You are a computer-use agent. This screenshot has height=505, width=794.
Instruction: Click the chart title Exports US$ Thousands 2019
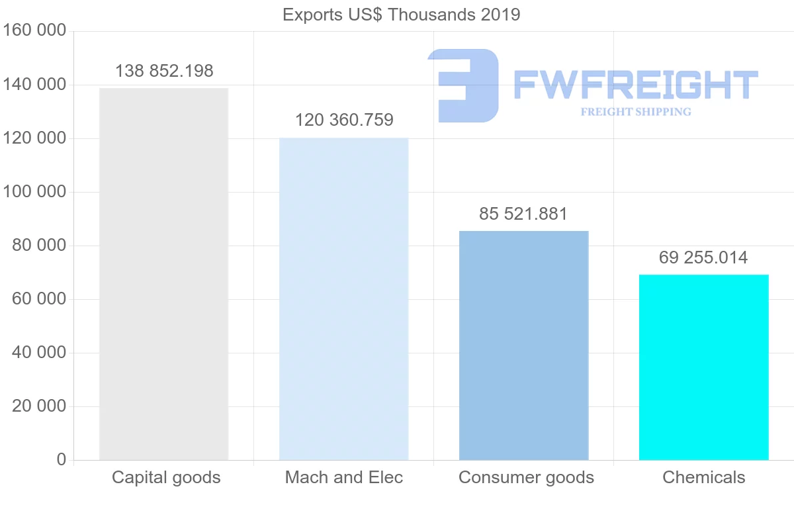(x=401, y=15)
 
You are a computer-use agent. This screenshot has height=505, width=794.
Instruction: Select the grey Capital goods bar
(x=163, y=274)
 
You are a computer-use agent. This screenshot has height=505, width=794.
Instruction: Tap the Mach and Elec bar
(x=343, y=298)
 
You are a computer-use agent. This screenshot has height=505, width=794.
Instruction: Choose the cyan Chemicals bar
(x=703, y=367)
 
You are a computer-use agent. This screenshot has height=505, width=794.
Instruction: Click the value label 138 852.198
(x=164, y=71)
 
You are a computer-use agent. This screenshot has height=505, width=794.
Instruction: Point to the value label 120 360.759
(x=344, y=120)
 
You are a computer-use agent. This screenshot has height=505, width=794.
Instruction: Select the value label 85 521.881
(x=523, y=214)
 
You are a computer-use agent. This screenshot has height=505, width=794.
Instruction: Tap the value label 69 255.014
(x=703, y=257)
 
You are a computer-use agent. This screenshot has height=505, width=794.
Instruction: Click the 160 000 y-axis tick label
(x=34, y=31)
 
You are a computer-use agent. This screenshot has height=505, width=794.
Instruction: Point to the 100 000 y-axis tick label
(x=34, y=192)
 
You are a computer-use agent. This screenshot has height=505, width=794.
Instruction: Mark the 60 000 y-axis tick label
(x=39, y=299)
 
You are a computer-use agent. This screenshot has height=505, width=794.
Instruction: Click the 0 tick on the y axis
(x=62, y=459)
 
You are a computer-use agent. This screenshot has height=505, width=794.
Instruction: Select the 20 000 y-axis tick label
(x=39, y=406)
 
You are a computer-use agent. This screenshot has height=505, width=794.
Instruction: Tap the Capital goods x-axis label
(x=166, y=477)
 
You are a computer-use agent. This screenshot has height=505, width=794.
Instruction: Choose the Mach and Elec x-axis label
(x=343, y=477)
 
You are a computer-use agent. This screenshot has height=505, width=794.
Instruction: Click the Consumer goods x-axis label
(x=526, y=477)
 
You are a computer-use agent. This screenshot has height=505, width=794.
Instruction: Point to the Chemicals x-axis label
(x=703, y=477)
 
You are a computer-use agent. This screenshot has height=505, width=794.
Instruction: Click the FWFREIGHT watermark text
(x=635, y=85)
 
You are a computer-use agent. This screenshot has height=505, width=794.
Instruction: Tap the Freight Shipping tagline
(x=636, y=112)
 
